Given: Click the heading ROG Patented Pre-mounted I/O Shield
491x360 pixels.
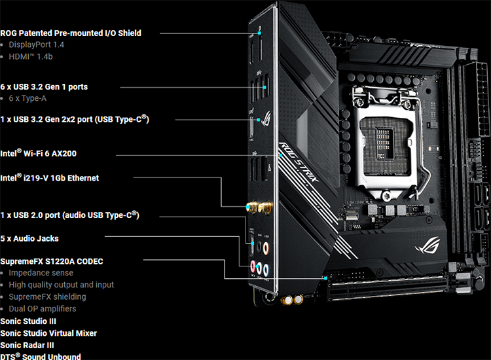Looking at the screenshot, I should (x=71, y=33).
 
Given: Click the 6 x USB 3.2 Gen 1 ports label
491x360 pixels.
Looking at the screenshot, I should (x=44, y=86).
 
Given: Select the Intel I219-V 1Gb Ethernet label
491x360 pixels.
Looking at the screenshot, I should (x=50, y=178).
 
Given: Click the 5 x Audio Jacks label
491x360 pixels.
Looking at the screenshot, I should (x=29, y=238).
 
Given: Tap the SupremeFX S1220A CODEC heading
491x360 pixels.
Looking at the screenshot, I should (x=52, y=261).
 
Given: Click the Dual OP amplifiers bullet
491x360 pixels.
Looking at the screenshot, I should (x=43, y=308).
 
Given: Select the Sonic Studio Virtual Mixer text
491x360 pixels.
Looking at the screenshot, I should (x=48, y=333).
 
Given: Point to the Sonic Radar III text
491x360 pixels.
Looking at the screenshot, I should (x=27, y=345).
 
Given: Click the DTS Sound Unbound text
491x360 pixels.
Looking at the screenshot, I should (x=41, y=356).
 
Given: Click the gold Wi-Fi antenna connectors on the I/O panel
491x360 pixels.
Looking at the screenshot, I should (x=259, y=208).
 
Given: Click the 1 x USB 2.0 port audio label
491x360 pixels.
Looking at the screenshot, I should (x=70, y=215).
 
